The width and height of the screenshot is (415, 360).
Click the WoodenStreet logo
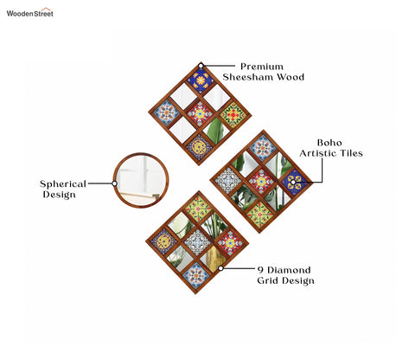[30, 12]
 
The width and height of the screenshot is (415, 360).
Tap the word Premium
[262, 67]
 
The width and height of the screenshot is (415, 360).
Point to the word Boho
[329, 143]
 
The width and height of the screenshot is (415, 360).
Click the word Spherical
[63, 184]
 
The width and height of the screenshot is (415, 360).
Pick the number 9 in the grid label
[260, 270]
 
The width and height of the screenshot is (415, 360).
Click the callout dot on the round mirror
[114, 183]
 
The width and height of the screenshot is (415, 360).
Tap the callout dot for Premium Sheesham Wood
[201, 66]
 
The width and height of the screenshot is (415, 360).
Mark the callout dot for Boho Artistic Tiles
[293, 182]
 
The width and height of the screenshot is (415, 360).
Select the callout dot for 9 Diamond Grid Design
[220, 268]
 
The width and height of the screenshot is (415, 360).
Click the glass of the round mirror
[141, 180]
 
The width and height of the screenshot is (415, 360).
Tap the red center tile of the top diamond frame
[200, 113]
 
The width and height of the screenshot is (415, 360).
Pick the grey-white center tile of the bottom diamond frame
[197, 242]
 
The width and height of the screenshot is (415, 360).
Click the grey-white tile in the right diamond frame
[228, 181]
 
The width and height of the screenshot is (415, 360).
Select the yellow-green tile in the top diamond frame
[233, 115]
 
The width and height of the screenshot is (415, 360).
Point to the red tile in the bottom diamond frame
[230, 243]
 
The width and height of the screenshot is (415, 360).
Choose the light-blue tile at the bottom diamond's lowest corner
[195, 275]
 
